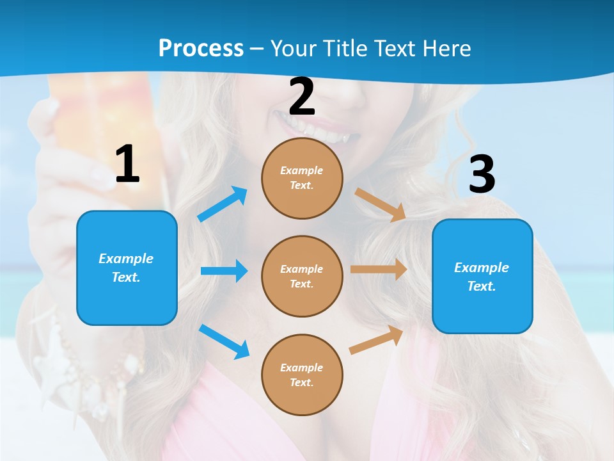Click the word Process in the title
[201, 48]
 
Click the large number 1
[127, 165]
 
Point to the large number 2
[302, 97]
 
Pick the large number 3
[482, 174]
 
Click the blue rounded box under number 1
[127, 268]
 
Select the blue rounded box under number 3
[482, 276]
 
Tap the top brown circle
[302, 178]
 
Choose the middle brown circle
[302, 276]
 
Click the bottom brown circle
[302, 375]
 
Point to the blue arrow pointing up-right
[223, 204]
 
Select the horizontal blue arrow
[224, 271]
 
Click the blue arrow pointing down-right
[224, 341]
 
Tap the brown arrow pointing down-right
[381, 204]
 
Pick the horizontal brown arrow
[379, 270]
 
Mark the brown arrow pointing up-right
[376, 340]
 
